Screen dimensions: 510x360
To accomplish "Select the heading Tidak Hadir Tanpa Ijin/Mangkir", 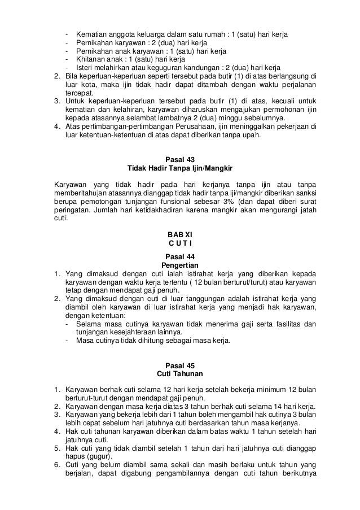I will (180, 169).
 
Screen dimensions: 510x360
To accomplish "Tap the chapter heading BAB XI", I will (180, 234).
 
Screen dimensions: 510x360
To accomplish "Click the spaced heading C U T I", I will (180, 243).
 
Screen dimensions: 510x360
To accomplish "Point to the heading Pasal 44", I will (180, 256).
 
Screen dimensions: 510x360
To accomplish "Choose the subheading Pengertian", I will (180, 264).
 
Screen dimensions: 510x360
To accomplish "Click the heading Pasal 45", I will (180, 365).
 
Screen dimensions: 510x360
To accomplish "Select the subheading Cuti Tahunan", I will (180, 374).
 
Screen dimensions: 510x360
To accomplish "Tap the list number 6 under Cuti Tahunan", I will (56, 465).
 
